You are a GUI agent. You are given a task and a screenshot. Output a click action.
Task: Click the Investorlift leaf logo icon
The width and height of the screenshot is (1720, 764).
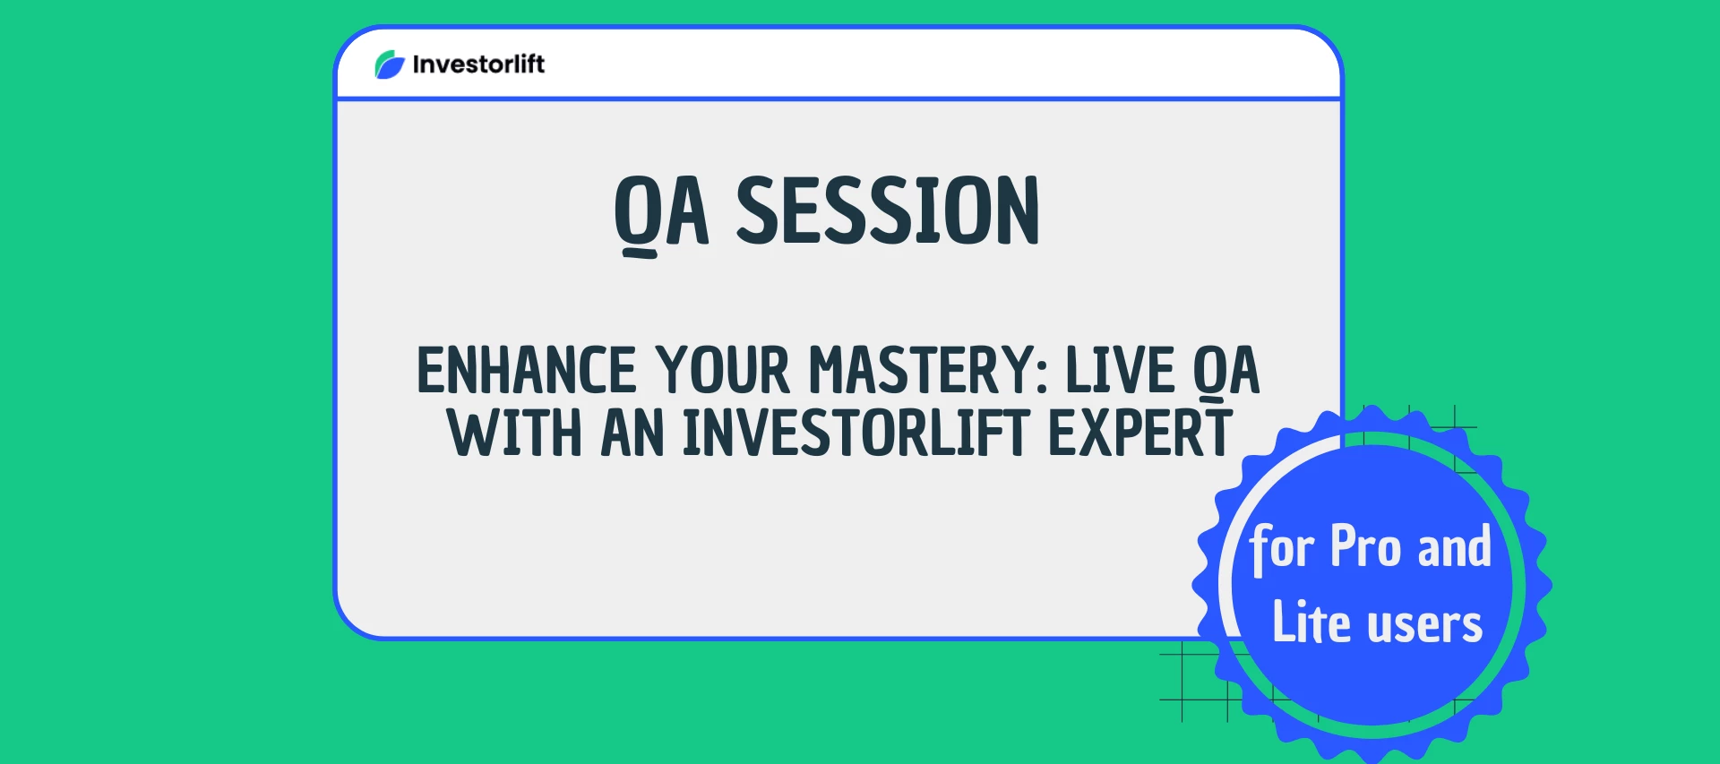(390, 64)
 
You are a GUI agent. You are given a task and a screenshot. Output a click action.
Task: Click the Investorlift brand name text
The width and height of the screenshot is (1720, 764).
(478, 64)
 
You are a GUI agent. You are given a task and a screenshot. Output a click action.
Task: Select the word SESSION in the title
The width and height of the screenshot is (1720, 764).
(887, 211)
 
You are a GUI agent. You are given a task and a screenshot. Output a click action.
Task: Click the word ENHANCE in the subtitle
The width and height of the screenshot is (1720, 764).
(526, 371)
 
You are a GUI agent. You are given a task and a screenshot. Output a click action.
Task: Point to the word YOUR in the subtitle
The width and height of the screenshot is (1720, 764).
(722, 371)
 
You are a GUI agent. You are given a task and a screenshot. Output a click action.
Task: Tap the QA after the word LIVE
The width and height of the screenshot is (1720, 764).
(1226, 371)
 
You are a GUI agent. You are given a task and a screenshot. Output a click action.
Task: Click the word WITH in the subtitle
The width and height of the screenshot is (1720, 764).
(514, 434)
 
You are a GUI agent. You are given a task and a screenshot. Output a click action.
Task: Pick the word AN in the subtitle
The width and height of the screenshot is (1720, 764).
(632, 434)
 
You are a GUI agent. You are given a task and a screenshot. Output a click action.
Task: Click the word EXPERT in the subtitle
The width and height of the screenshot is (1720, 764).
(1139, 434)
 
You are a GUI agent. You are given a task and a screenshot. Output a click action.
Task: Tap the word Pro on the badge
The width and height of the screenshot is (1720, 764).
(1365, 546)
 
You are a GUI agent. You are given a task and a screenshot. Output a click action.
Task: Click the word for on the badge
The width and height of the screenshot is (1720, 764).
(1282, 546)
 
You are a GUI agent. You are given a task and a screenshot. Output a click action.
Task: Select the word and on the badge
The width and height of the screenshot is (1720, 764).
(1454, 546)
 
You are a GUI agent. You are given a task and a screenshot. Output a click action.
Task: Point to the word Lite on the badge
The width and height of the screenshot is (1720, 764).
(1311, 622)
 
